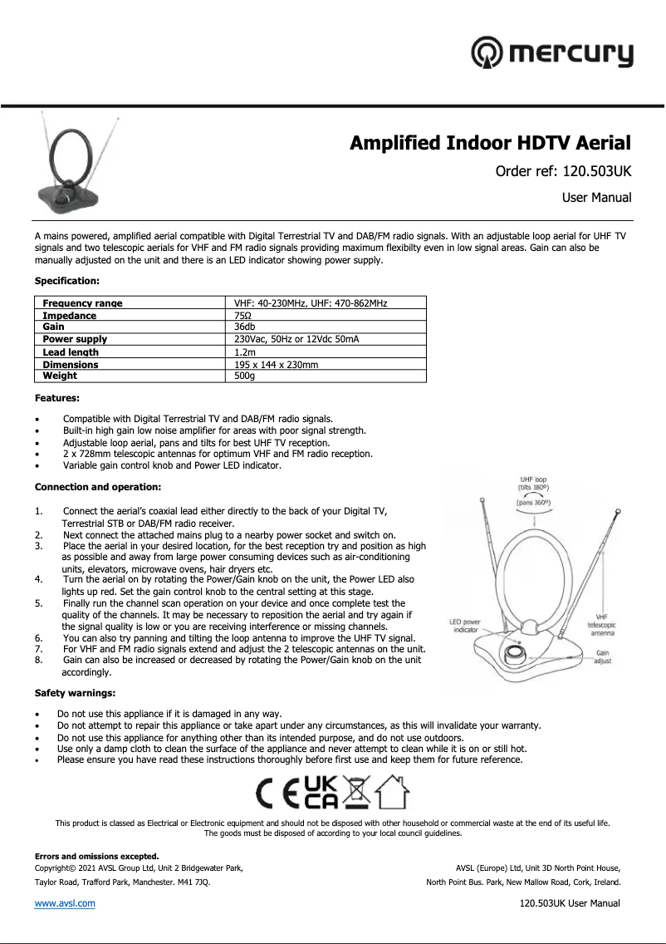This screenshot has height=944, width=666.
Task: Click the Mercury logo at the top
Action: click(551, 54)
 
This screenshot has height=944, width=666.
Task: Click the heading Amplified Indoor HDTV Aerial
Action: click(490, 143)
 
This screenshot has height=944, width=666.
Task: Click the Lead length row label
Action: click(70, 352)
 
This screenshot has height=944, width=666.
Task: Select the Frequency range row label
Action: click(82, 303)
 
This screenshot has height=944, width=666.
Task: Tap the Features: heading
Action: click(57, 399)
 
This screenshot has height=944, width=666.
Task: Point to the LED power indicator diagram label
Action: click(465, 625)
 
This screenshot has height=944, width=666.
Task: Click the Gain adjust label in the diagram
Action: click(602, 657)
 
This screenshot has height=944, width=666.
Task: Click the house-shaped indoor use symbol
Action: click(393, 793)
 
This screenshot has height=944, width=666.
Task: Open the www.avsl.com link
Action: click(64, 903)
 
